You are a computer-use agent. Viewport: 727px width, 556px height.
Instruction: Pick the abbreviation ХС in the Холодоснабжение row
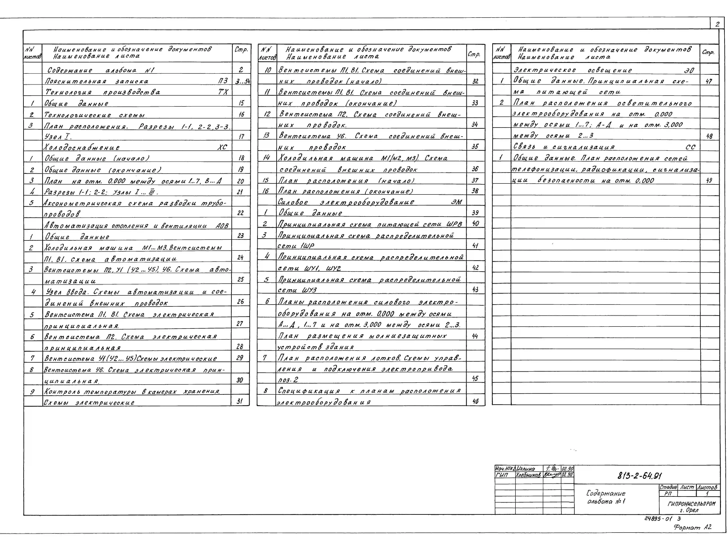[222, 147]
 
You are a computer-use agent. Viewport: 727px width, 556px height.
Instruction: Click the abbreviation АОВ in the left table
[222, 226]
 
